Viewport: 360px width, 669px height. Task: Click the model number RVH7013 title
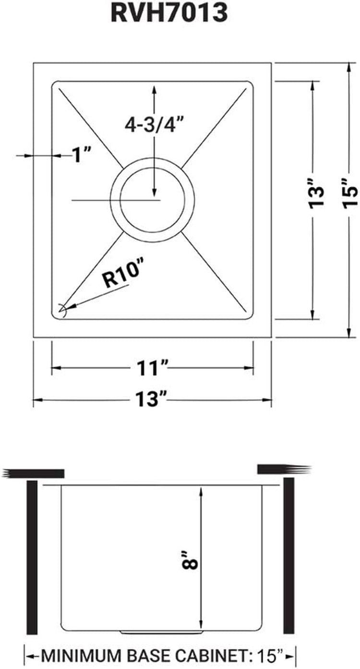(169, 14)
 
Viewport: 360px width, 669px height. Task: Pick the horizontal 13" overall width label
(152, 399)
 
